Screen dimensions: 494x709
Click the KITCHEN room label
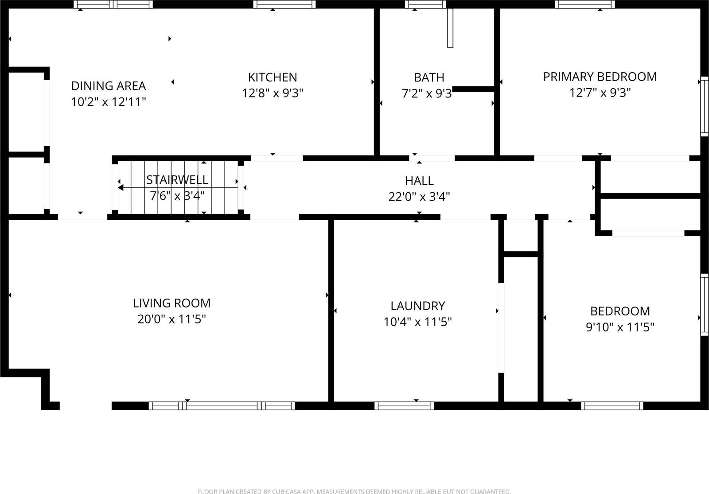[x=272, y=77]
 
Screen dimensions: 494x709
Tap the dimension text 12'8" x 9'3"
[x=272, y=93]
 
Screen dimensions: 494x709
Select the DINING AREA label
[x=109, y=86]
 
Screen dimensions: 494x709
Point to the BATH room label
[x=429, y=78]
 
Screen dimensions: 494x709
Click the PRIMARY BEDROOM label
[x=600, y=77]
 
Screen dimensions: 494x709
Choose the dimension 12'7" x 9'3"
[x=600, y=93]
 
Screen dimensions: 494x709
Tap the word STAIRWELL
[x=177, y=180]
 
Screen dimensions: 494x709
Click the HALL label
[x=419, y=181]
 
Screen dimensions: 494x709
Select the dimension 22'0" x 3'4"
[x=419, y=197]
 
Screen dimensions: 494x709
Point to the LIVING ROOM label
[x=171, y=303]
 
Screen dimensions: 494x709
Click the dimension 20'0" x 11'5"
[x=171, y=319]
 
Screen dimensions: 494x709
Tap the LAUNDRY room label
[x=417, y=306]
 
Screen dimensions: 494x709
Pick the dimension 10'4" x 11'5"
[x=417, y=322]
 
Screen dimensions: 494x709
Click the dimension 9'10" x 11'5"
[x=620, y=327]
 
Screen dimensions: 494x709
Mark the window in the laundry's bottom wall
[x=404, y=405]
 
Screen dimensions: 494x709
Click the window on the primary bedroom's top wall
[x=585, y=4]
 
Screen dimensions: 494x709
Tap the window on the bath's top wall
[x=425, y=4]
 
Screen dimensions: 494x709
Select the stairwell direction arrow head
[x=121, y=188]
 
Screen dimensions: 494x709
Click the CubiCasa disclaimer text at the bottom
[x=354, y=491]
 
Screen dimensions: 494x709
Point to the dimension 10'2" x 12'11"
[x=109, y=102]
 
